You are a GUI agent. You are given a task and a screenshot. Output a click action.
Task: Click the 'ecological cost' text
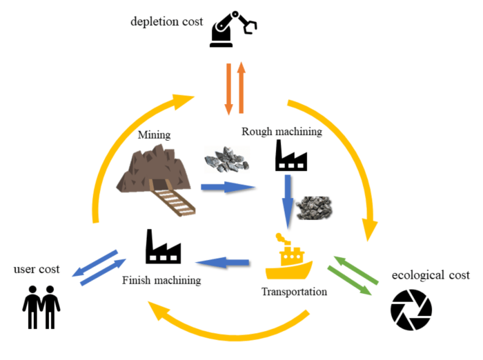pos(431,275)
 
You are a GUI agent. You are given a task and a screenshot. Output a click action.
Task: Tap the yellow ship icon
pos(288,257)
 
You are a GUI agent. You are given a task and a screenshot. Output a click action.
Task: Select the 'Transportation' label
pos(294,292)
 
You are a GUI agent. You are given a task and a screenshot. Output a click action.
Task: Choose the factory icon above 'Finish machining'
pos(163,246)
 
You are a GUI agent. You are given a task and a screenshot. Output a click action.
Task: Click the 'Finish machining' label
pos(161,280)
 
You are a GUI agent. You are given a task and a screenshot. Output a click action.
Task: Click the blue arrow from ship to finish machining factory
pos(224,262)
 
